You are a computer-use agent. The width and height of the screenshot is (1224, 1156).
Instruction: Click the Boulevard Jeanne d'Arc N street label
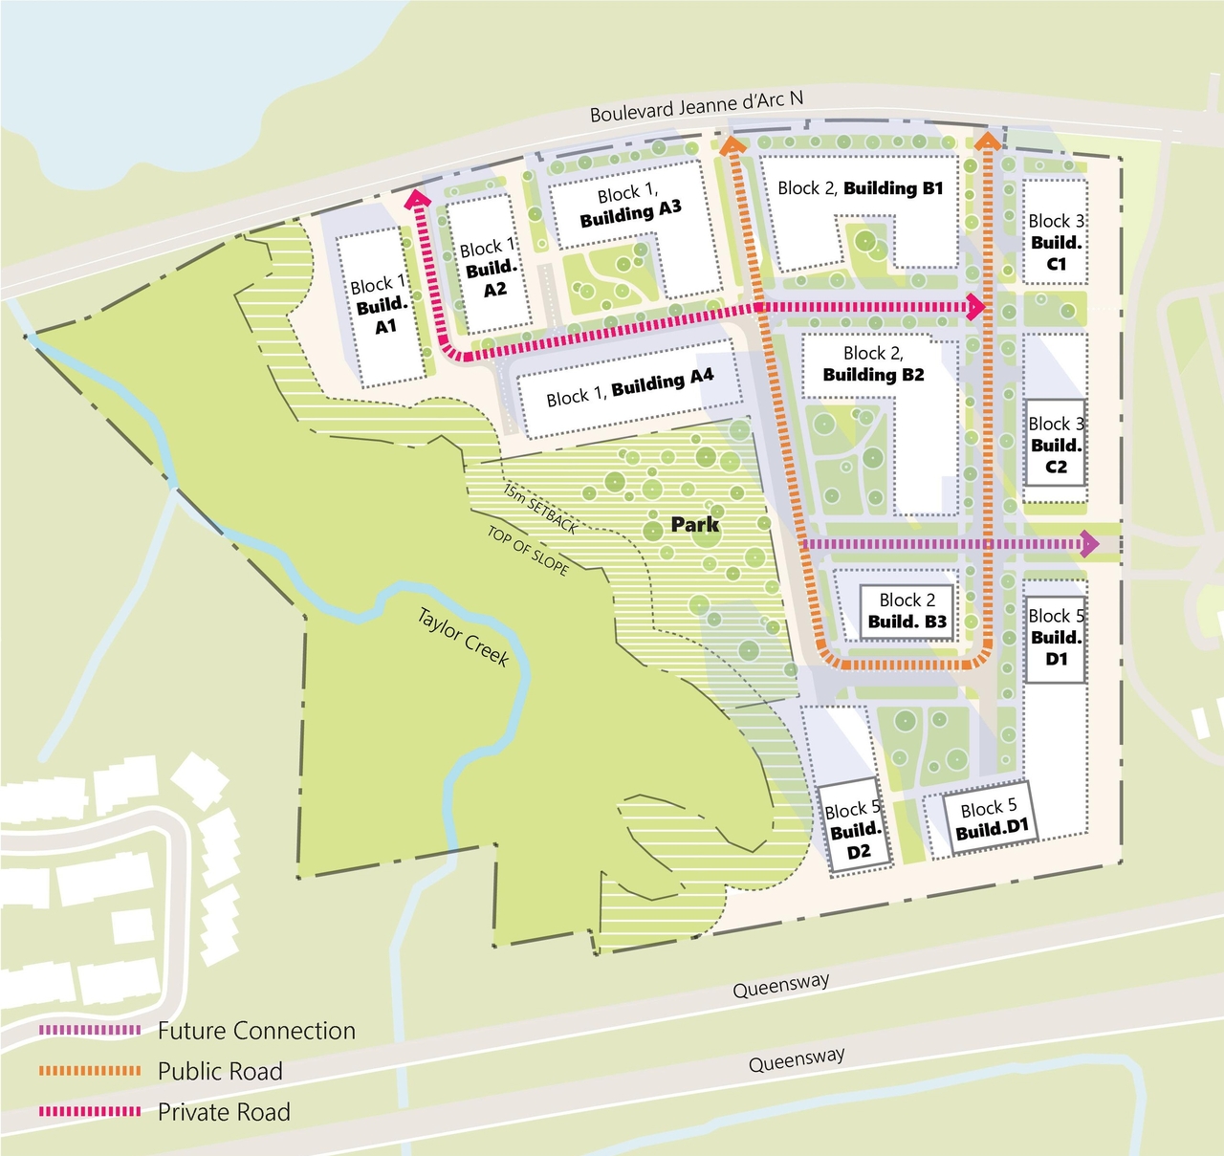696,106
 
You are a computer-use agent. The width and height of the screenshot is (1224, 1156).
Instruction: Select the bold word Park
694,524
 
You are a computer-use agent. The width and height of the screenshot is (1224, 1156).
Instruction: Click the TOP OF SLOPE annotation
528,552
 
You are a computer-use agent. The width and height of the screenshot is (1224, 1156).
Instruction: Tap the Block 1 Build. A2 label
489,269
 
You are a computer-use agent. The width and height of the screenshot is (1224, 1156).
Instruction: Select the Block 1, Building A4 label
629,387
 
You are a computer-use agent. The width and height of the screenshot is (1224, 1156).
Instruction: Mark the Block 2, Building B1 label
860,188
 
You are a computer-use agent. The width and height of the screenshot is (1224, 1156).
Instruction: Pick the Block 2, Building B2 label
873,364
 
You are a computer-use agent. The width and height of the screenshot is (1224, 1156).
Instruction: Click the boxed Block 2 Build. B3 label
907,611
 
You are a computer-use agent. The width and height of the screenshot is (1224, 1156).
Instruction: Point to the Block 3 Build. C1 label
1056,242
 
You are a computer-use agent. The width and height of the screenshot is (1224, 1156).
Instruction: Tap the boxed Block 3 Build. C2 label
1056,445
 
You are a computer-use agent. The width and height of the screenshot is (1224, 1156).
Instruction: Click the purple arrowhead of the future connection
1090,544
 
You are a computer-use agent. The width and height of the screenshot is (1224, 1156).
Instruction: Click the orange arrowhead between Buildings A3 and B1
732,145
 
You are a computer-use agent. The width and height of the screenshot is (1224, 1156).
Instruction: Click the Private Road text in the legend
224,1112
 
